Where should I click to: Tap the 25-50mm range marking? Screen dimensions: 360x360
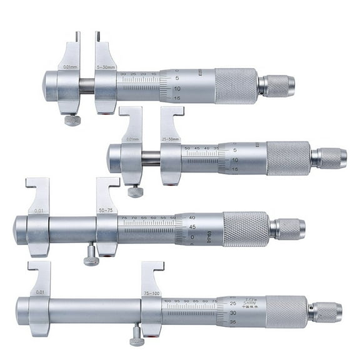click(x=171, y=139)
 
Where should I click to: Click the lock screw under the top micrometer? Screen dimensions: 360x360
click(x=72, y=120)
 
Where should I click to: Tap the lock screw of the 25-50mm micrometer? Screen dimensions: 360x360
click(x=134, y=192)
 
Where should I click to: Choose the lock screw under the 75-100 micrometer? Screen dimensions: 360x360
click(x=137, y=341)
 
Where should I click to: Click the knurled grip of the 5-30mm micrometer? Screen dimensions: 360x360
click(x=236, y=86)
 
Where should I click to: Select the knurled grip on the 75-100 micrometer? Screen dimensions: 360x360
click(x=286, y=311)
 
